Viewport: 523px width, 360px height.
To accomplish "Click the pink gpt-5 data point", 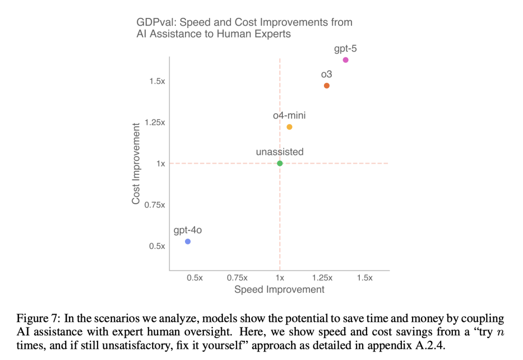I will [x=345, y=60].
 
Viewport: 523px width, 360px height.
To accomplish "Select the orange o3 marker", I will [x=327, y=86].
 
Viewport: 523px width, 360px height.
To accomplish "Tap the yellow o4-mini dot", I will [x=290, y=127].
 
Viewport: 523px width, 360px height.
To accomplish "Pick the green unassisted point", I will [x=280, y=163].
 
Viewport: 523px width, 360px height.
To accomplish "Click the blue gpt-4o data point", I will [x=188, y=241].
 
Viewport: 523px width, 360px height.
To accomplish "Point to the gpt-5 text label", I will [x=345, y=48].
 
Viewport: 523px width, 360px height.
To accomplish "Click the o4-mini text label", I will [x=289, y=116].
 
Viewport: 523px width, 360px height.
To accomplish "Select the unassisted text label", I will [x=280, y=152].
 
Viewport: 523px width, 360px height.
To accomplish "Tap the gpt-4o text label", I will [x=187, y=230].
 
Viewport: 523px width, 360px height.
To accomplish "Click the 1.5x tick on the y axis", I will [x=157, y=81].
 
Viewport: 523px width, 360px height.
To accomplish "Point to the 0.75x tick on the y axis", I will [x=154, y=205].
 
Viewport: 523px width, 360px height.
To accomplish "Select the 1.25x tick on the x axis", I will [x=323, y=278].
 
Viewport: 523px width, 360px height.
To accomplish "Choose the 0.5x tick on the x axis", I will [x=195, y=278].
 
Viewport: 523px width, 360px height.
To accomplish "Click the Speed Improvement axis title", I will [x=279, y=289].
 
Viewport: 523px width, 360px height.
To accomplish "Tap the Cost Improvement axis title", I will [x=136, y=163].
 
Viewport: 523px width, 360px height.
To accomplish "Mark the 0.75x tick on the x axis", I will [x=237, y=278].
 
